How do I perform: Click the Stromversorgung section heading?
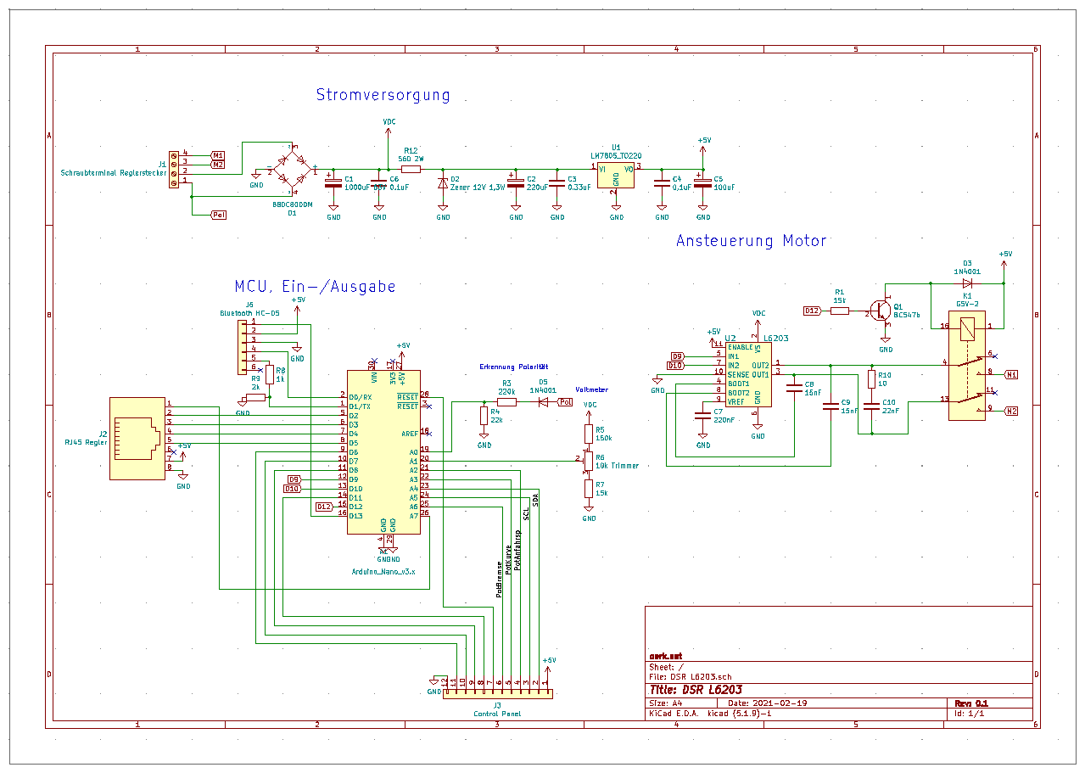pyautogui.click(x=383, y=95)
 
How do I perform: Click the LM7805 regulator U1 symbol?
pyautogui.click(x=616, y=175)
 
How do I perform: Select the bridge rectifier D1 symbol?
pyautogui.click(x=293, y=166)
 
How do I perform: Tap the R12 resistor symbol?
pyautogui.click(x=411, y=170)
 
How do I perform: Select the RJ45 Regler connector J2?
pyautogui.click(x=137, y=438)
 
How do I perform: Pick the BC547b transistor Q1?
pyautogui.click(x=882, y=311)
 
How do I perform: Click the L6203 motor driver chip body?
pyautogui.click(x=747, y=374)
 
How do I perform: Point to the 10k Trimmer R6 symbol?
pyautogui.click(x=588, y=461)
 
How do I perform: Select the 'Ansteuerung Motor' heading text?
pyautogui.click(x=751, y=241)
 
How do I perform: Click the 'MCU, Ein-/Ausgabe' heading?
pyautogui.click(x=315, y=287)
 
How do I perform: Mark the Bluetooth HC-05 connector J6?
pyautogui.click(x=244, y=346)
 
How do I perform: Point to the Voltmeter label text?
pyautogui.click(x=591, y=389)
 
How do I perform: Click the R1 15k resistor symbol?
pyautogui.click(x=840, y=311)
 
